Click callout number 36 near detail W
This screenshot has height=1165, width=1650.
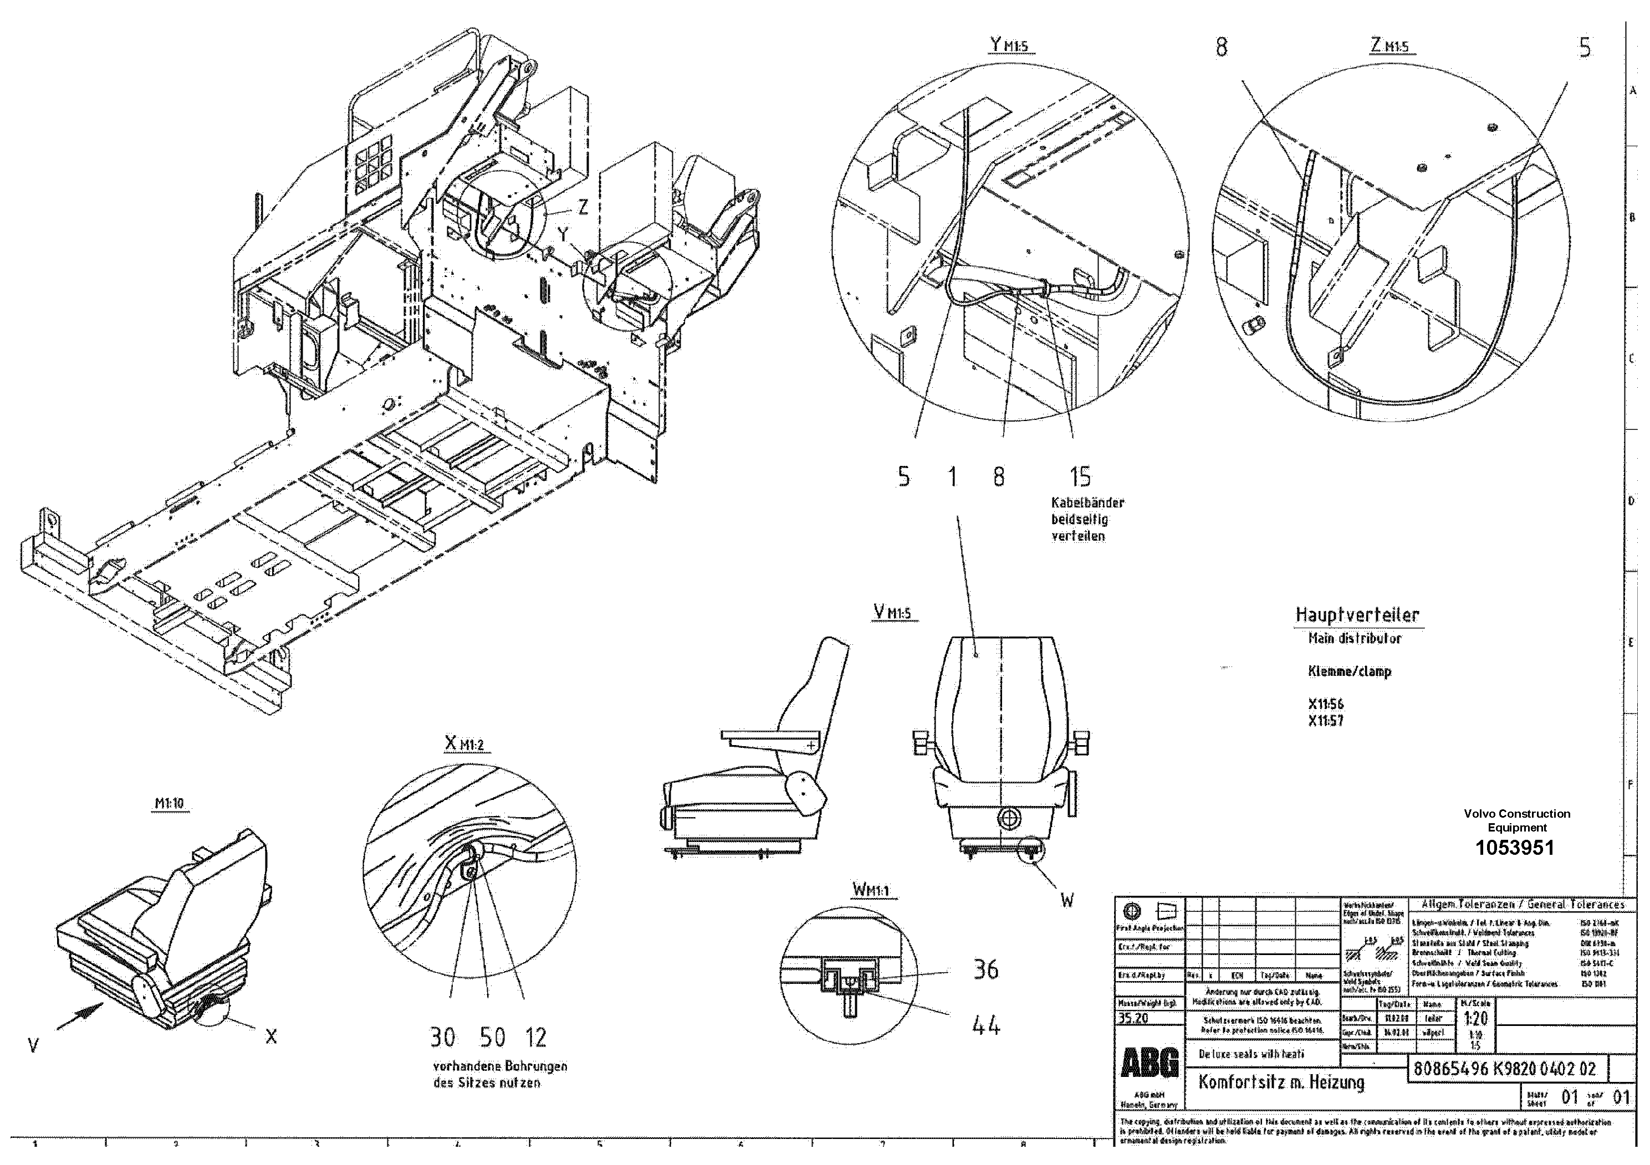tap(985, 969)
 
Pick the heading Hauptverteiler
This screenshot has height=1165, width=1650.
tap(1357, 615)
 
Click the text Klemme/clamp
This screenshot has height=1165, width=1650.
tap(1350, 671)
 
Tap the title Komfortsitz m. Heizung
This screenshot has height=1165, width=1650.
tap(1281, 1082)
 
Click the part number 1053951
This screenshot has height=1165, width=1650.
tap(1514, 848)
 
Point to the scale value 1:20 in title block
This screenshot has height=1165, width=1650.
tap(1475, 1018)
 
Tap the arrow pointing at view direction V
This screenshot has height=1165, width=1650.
tap(80, 1015)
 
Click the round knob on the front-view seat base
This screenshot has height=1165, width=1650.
tap(1010, 817)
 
